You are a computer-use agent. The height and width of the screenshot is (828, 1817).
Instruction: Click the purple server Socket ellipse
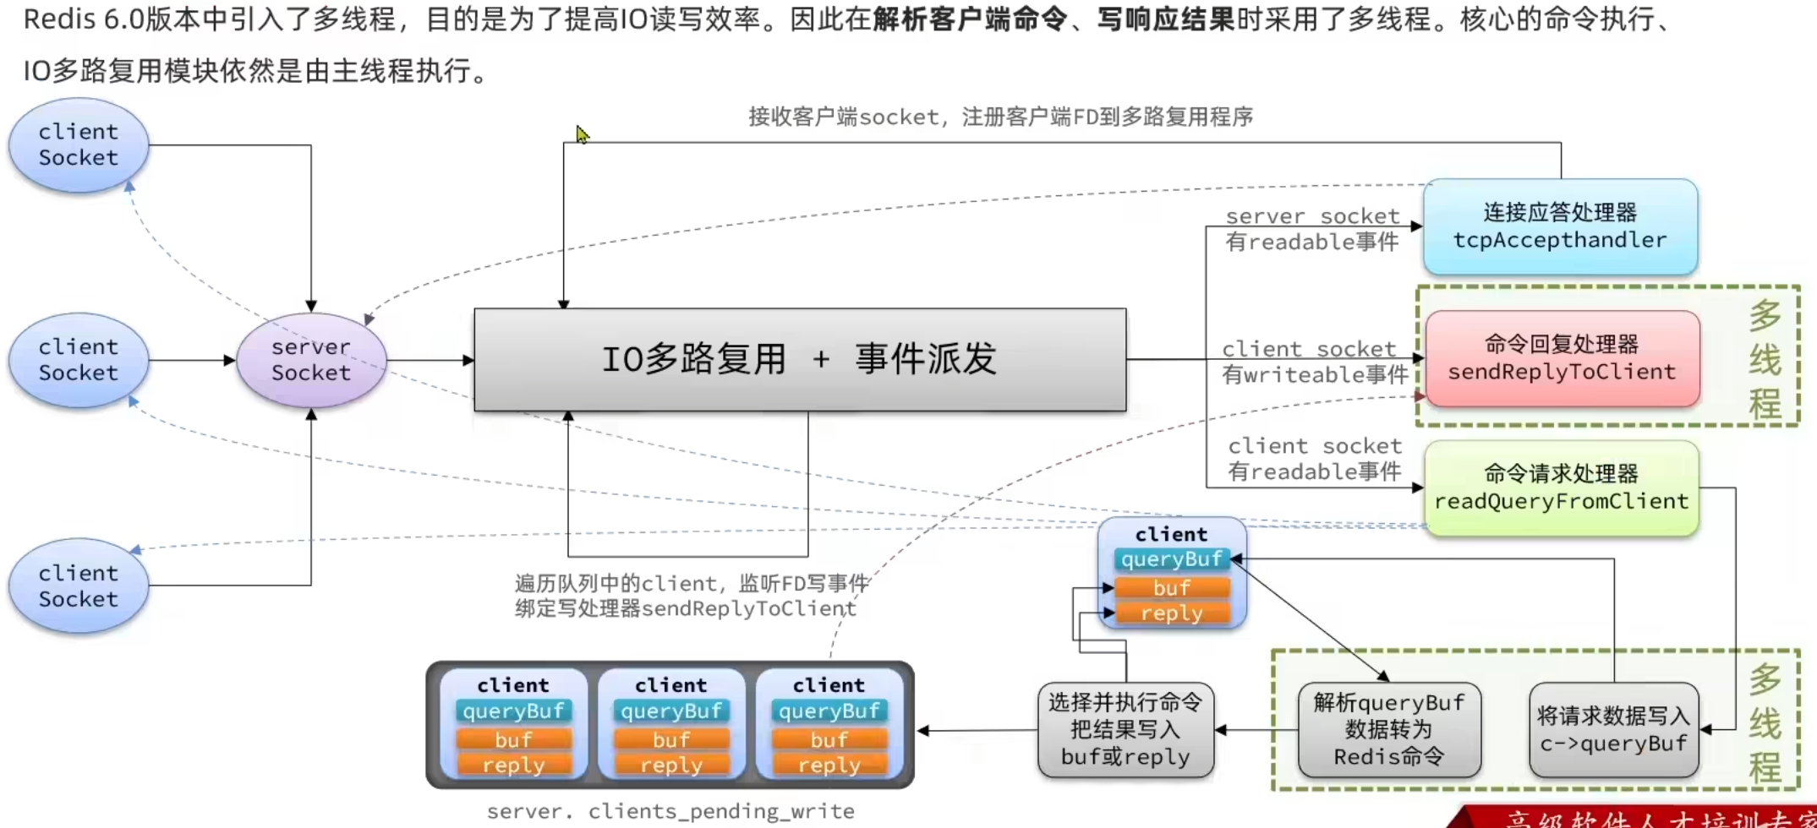pyautogui.click(x=311, y=360)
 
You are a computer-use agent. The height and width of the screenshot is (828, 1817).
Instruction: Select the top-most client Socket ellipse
pyautogui.click(x=79, y=144)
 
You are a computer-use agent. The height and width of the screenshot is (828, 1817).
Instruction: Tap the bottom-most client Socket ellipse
pyautogui.click(x=79, y=586)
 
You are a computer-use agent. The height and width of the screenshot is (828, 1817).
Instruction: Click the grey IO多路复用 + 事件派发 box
pyautogui.click(x=800, y=360)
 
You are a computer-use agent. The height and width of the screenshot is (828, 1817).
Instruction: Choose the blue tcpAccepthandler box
pyautogui.click(x=1560, y=226)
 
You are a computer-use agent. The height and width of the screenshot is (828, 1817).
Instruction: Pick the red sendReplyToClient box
pyautogui.click(x=1562, y=358)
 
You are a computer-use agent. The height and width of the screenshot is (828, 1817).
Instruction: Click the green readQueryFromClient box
pyautogui.click(x=1561, y=488)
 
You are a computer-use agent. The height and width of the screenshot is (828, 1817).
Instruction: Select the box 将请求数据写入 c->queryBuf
pyautogui.click(x=1613, y=730)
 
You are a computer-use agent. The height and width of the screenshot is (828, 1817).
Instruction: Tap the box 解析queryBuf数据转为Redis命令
pyautogui.click(x=1388, y=730)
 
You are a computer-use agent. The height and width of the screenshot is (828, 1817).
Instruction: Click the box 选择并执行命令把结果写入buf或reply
pyautogui.click(x=1125, y=730)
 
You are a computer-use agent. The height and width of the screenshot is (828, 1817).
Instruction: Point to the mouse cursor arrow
pyautogui.click(x=582, y=133)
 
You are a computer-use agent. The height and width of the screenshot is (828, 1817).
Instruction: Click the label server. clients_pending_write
pyautogui.click(x=670, y=811)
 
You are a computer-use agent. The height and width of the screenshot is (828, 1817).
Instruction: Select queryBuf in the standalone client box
pyautogui.click(x=1172, y=559)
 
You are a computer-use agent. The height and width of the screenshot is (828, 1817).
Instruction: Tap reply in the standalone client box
pyautogui.click(x=1172, y=613)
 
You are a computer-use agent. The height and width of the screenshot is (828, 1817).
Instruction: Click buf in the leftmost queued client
pyautogui.click(x=513, y=739)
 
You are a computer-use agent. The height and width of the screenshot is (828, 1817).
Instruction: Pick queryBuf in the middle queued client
pyautogui.click(x=671, y=711)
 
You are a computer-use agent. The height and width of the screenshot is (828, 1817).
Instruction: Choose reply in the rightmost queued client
pyautogui.click(x=829, y=765)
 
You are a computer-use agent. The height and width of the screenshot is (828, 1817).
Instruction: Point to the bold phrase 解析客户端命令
pyautogui.click(x=970, y=19)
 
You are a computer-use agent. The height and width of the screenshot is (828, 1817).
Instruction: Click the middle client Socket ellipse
pyautogui.click(x=79, y=360)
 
